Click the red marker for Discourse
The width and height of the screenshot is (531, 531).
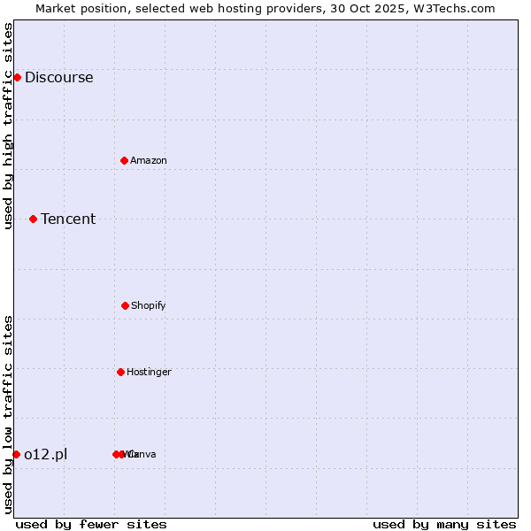[17, 77]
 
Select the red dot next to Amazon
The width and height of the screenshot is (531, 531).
[124, 160]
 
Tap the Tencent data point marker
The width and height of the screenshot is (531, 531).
[33, 219]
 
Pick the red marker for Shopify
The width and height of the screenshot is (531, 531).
[125, 305]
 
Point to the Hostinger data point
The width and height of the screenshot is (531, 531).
[120, 372]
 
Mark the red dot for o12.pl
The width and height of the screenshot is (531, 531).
[16, 454]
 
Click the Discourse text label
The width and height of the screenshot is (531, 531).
[58, 77]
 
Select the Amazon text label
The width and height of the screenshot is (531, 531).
[149, 160]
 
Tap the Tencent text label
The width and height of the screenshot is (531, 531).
[68, 219]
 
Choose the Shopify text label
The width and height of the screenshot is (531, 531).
[149, 305]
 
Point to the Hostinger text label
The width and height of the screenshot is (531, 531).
[149, 372]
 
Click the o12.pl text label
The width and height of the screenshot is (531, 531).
[46, 454]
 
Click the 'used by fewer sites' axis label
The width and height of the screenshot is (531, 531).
[91, 524]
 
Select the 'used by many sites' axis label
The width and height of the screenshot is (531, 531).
[444, 524]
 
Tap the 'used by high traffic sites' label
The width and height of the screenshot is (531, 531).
[8, 126]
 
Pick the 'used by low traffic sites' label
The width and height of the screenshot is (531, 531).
[8, 414]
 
